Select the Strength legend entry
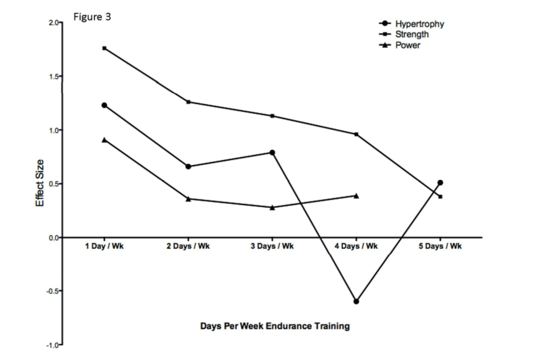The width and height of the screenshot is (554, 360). pos(412,35)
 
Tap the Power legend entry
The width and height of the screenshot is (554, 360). pos(407,46)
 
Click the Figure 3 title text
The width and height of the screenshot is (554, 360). pos(92,17)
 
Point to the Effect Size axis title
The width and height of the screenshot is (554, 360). pos(39,182)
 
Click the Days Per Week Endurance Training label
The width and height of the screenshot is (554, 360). pos(275,326)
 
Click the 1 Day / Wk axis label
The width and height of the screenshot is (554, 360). pos(105,246)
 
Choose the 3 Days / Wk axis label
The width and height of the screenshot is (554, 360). pos(272,246)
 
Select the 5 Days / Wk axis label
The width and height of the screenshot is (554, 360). pos(440,246)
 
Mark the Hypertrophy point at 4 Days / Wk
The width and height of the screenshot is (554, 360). pos(356,301)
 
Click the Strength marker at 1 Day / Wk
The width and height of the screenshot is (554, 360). pos(105,48)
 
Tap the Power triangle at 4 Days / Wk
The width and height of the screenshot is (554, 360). pos(356,195)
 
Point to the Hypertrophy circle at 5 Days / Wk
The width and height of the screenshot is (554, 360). pos(440,182)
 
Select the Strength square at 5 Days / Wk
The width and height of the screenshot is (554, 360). pos(441,197)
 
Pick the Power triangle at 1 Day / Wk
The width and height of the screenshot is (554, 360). pos(105,140)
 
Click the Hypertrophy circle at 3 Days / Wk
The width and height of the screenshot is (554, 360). pos(272,152)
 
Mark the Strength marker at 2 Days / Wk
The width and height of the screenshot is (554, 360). pos(188,102)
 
